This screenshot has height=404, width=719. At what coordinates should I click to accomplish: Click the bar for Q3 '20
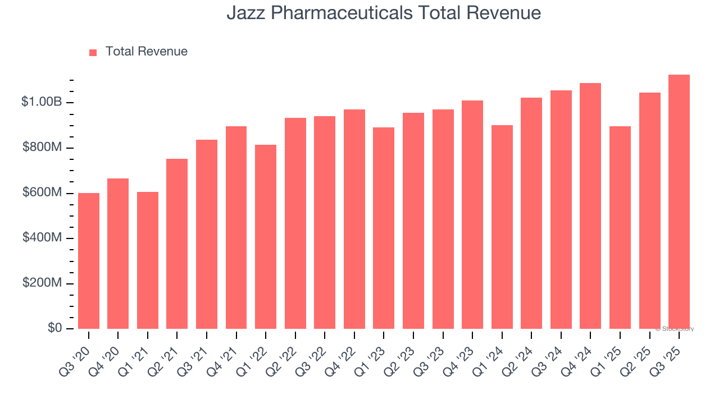point(89,261)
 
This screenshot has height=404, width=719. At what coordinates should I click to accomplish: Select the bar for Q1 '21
point(148,260)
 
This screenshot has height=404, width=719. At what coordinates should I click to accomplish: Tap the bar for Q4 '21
point(236,227)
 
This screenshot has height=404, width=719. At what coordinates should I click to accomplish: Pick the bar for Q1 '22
point(266,237)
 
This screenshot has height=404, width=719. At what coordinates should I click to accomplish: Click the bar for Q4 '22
point(354,219)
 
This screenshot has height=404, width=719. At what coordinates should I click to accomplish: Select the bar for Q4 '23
point(472,214)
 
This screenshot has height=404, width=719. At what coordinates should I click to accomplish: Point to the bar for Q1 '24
point(502,227)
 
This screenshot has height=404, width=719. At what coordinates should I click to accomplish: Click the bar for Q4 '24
point(590,206)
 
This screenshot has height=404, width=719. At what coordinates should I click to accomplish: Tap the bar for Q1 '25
point(620,227)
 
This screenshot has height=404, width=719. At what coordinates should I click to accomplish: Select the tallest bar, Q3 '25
point(679,201)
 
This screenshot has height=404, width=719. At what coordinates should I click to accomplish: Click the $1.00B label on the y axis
point(42,102)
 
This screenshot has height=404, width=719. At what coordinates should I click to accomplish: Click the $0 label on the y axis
point(54,328)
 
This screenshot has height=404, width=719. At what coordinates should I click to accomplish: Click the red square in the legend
point(93,52)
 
